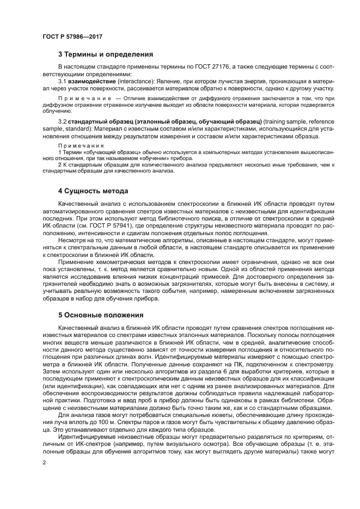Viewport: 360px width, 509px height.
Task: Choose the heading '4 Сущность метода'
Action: (93, 191)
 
